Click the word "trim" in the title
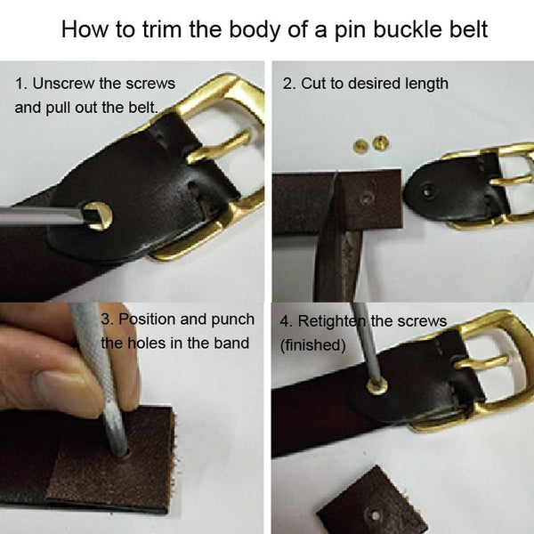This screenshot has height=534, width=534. (161, 29)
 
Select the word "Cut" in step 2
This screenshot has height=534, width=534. (312, 84)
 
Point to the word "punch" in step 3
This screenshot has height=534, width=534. (232, 320)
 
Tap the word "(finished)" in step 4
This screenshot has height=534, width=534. (313, 345)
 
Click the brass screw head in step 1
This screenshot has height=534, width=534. (99, 215)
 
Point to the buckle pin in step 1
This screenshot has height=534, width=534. (218, 147)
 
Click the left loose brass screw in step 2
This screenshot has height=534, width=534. (360, 146)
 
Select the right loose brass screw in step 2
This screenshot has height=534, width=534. (380, 143)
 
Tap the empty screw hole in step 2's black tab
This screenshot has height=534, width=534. (428, 191)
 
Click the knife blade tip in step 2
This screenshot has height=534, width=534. (336, 172)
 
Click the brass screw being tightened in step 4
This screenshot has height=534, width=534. (377, 386)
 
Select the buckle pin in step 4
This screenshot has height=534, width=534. (481, 363)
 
